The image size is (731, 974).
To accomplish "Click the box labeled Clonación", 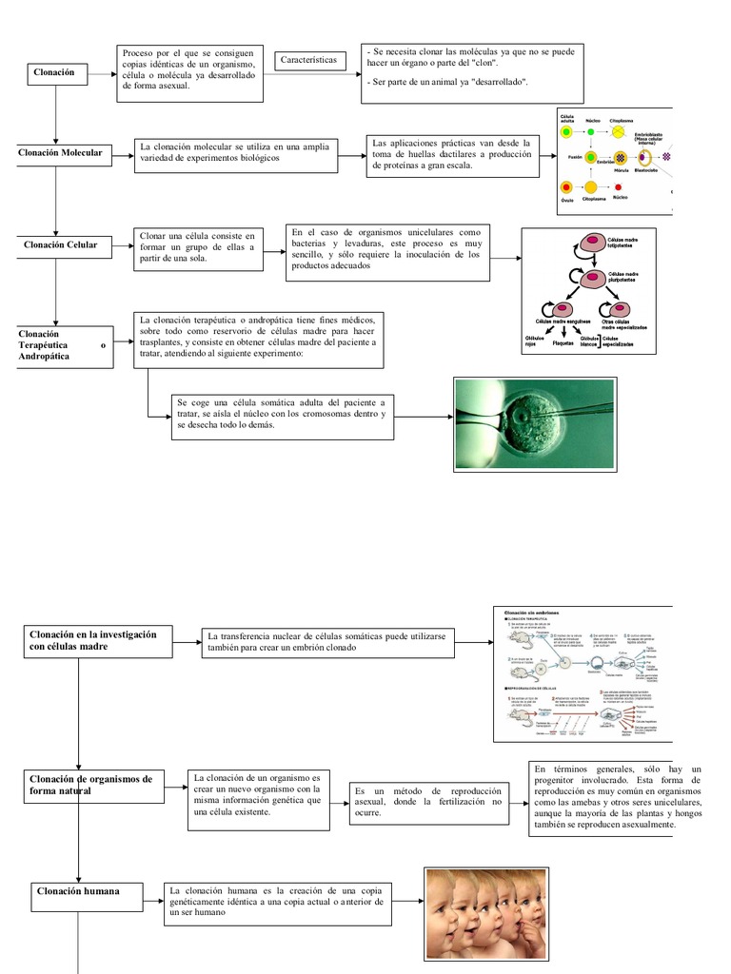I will [56, 73].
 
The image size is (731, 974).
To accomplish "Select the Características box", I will [308, 61].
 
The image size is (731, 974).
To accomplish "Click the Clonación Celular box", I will [60, 245].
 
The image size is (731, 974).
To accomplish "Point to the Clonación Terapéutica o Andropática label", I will [62, 345].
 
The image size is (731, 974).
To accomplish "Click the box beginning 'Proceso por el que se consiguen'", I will [190, 72].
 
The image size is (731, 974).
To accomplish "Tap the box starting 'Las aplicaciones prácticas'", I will [452, 156].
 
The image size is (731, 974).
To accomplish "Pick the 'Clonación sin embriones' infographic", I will [583, 672].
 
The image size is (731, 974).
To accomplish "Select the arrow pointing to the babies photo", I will [406, 900].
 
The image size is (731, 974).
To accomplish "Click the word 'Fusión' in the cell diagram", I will [574, 155].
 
